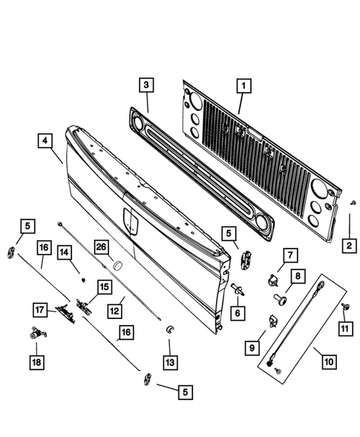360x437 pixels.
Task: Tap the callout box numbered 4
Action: point(45,141)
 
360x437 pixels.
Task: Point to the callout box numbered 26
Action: point(101,247)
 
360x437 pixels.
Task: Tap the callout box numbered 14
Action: point(65,253)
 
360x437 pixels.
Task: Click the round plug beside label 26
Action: point(115,263)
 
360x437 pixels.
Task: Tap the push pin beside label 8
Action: point(281,298)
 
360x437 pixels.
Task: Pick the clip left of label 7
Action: point(272,280)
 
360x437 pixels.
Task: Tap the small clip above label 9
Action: point(273,321)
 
